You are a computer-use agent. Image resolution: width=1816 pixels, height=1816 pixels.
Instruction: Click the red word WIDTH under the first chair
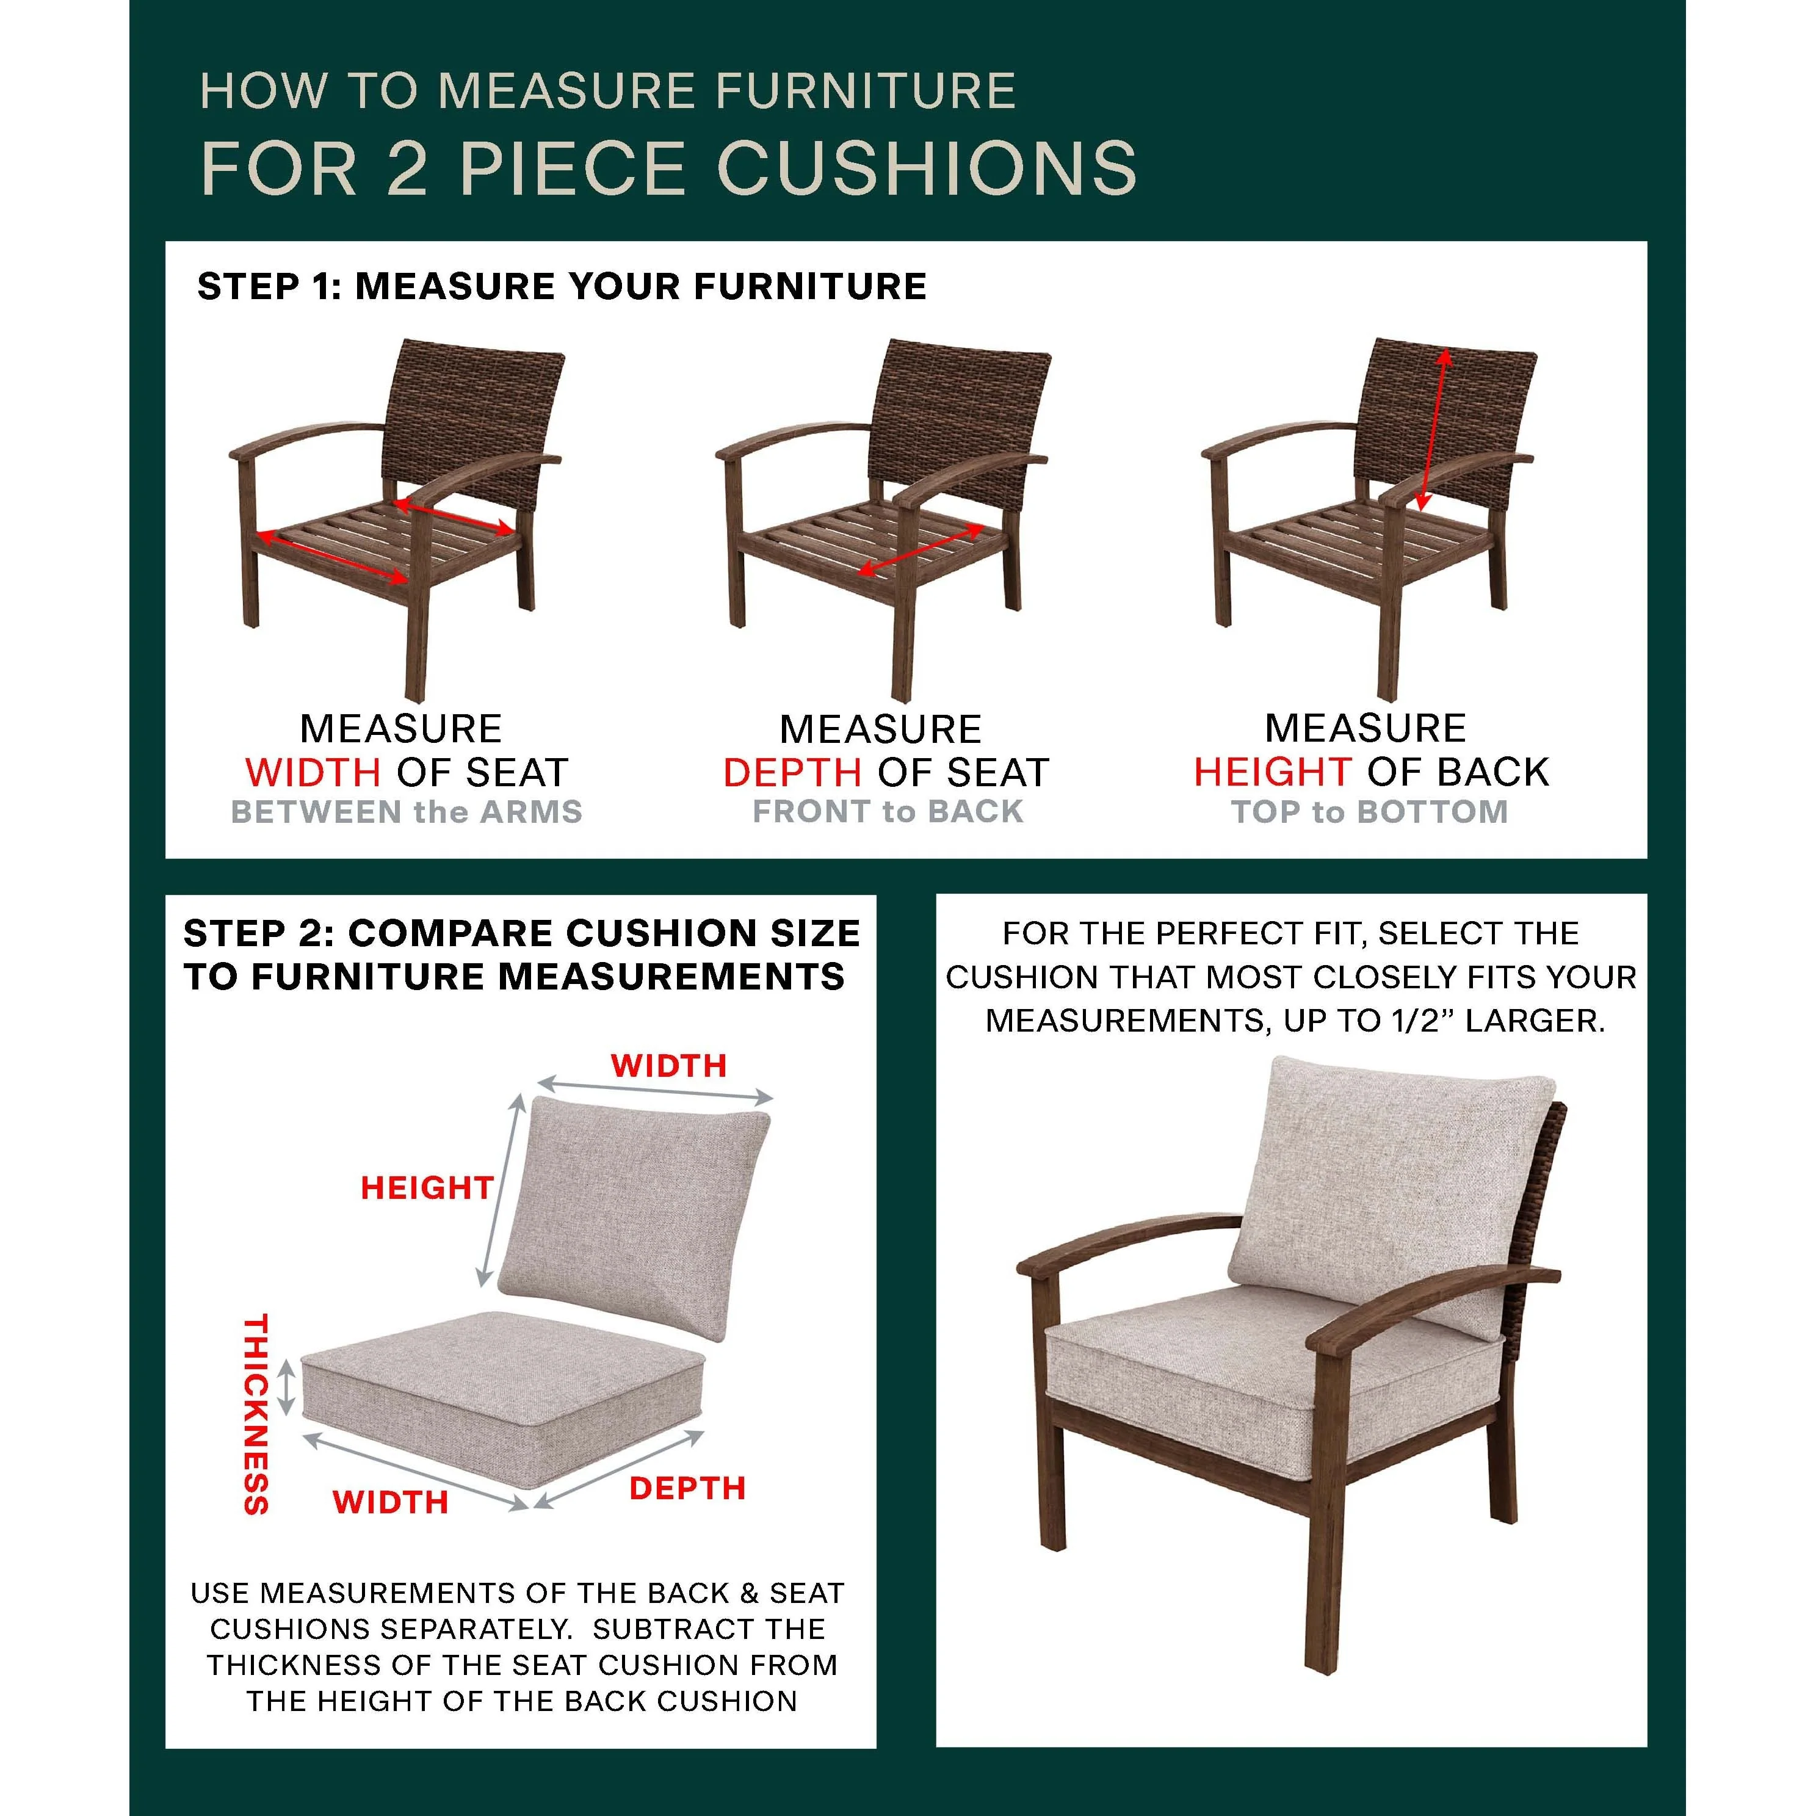[x=313, y=773]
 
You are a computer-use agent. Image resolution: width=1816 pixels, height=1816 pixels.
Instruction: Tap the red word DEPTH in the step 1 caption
[x=792, y=773]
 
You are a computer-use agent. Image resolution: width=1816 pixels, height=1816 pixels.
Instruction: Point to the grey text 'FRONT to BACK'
[x=888, y=812]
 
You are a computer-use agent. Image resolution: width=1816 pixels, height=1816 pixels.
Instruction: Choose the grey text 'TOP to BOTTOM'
[x=1370, y=812]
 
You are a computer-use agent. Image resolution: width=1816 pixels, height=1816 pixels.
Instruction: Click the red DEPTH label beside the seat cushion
[x=687, y=1489]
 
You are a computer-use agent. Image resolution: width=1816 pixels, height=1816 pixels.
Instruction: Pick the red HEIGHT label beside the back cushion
[x=427, y=1188]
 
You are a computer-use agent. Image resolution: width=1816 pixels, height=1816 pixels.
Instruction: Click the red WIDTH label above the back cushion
[x=669, y=1066]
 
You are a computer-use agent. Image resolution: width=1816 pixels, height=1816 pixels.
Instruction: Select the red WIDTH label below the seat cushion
[x=390, y=1502]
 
